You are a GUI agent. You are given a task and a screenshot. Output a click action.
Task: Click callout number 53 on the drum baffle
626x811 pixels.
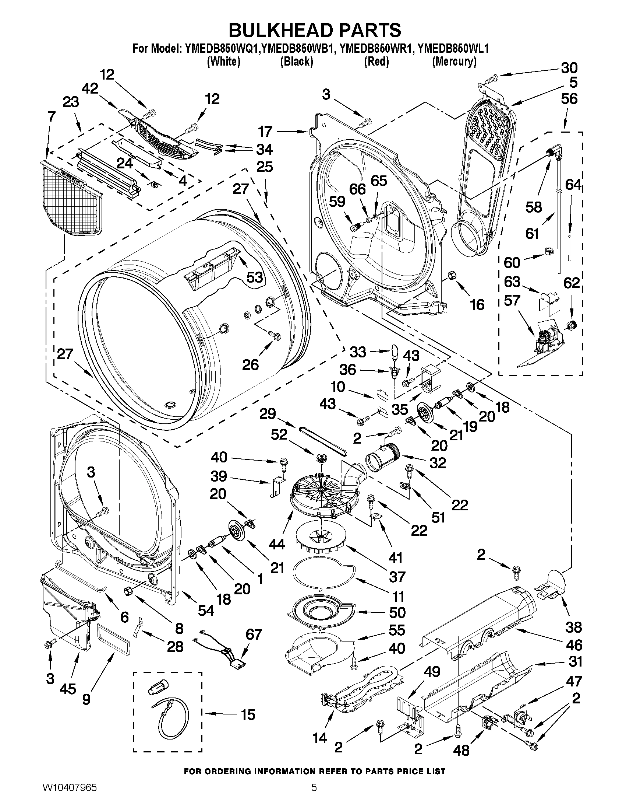click(x=254, y=277)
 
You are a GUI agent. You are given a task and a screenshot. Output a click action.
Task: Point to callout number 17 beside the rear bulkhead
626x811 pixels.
click(x=266, y=132)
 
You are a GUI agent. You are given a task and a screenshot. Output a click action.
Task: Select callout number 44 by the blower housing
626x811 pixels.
click(x=277, y=544)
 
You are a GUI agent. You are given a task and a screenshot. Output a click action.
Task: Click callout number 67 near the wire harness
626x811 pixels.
click(x=254, y=635)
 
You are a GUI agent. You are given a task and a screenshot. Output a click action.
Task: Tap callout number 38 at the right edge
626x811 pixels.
click(x=573, y=627)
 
